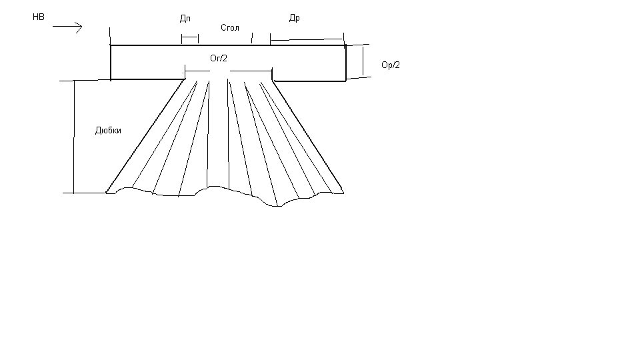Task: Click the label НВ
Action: click(x=39, y=17)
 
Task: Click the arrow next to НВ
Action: click(x=67, y=27)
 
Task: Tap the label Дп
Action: click(x=185, y=19)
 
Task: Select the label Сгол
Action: click(x=230, y=28)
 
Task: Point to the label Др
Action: click(x=294, y=18)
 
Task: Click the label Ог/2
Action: click(x=219, y=59)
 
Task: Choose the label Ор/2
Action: click(x=391, y=65)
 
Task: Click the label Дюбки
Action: click(x=108, y=131)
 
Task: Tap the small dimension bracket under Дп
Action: click(x=190, y=39)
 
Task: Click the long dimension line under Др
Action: click(x=307, y=39)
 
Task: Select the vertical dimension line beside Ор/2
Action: click(x=363, y=61)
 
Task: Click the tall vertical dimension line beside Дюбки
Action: click(x=74, y=137)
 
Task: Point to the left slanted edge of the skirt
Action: click(x=146, y=136)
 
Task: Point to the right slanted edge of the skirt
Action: click(x=308, y=137)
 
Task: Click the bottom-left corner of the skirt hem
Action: click(x=107, y=193)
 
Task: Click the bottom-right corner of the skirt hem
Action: click(x=344, y=193)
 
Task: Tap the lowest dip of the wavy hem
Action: click(x=276, y=206)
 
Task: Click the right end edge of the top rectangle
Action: click(x=346, y=63)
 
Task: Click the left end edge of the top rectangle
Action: click(x=111, y=63)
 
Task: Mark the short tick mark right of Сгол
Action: click(x=252, y=38)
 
